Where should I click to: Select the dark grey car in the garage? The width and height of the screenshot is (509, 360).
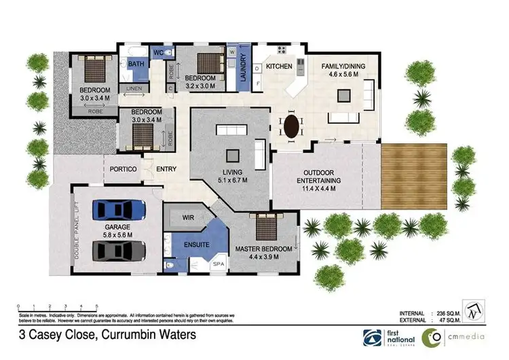[119, 251]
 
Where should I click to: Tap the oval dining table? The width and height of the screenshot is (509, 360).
[292, 126]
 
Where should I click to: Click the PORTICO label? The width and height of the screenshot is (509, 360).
[124, 168]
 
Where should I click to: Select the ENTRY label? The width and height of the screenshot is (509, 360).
[166, 168]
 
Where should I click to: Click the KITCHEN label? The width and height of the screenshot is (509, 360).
[279, 67]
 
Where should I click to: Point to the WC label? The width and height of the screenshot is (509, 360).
[157, 52]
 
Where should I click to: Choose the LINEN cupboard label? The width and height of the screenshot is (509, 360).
[133, 89]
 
